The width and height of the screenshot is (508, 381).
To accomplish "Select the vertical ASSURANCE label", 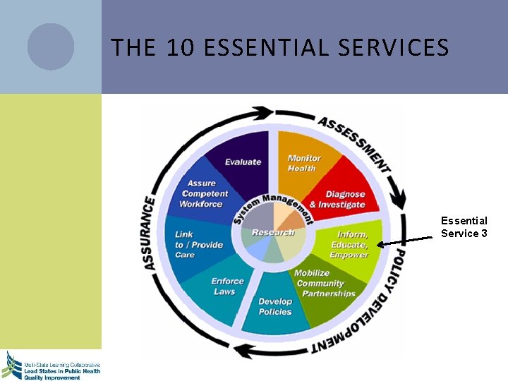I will tap(149, 233).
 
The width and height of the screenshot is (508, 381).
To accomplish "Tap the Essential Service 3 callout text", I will tap(464, 227).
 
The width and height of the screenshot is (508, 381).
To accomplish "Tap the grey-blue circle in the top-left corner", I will tap(51, 47).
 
